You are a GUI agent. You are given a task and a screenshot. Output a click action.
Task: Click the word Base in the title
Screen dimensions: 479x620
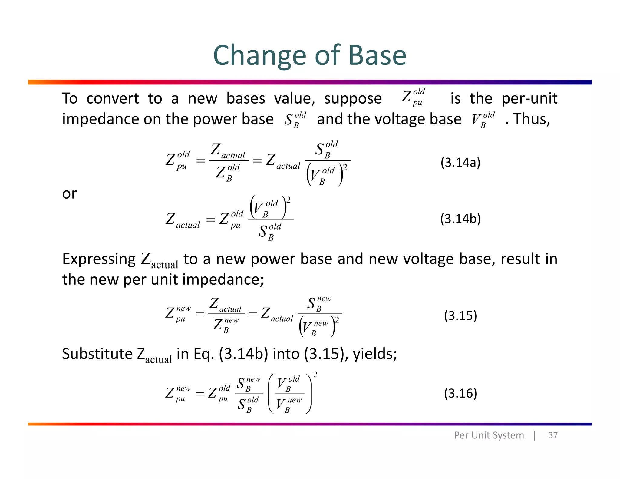[377, 55]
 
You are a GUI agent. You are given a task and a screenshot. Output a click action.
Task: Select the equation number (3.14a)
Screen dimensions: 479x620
[460, 163]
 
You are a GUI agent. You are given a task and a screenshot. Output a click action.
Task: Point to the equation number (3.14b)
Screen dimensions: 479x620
[460, 219]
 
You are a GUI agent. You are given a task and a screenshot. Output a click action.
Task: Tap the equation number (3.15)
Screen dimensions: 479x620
[460, 315]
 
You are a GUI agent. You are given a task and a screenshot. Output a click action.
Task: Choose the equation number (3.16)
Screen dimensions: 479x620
[460, 393]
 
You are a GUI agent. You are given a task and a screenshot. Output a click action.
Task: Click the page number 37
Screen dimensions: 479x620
[553, 435]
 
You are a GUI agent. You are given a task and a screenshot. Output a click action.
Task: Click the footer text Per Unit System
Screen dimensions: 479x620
[489, 435]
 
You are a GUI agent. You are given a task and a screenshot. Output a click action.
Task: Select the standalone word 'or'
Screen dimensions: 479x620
[69, 194]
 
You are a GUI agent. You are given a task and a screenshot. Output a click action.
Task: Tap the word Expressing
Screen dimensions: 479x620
[99, 259]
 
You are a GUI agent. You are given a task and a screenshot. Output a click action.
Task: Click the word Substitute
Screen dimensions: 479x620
[97, 354]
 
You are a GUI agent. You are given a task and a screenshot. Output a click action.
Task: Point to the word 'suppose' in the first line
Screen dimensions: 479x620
[353, 99]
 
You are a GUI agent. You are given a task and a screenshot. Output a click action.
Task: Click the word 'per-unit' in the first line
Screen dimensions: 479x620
[529, 98]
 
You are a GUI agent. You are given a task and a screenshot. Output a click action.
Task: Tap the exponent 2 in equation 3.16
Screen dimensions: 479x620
[315, 375]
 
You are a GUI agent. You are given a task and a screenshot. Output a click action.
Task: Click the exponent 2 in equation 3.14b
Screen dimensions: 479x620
[288, 200]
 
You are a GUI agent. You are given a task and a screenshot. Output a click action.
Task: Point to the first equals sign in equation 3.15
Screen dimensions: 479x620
[200, 314]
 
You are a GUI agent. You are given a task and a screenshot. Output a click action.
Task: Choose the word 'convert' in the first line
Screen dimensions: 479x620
[113, 99]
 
